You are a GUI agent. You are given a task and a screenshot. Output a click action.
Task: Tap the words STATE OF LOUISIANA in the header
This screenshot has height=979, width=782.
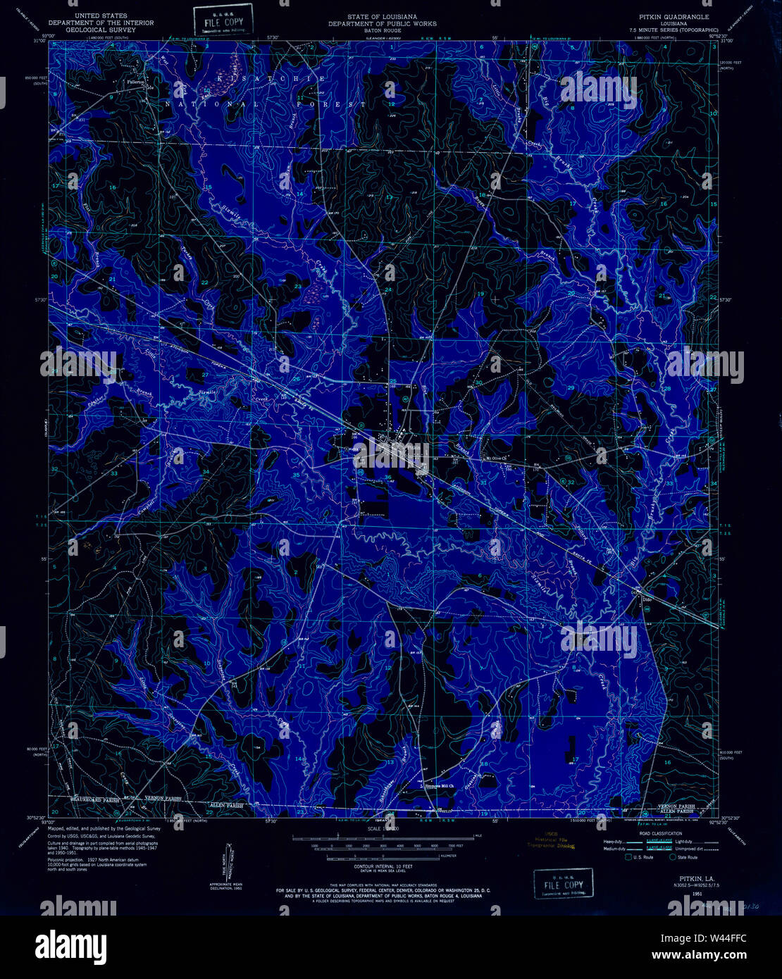tap(382, 15)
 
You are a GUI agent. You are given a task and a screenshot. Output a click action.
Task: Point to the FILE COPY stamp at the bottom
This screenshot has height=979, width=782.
tap(563, 883)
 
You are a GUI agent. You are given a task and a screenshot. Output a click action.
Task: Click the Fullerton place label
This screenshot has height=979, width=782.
tap(135, 81)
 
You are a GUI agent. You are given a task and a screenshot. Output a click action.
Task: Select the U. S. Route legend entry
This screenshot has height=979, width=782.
tap(640, 857)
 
